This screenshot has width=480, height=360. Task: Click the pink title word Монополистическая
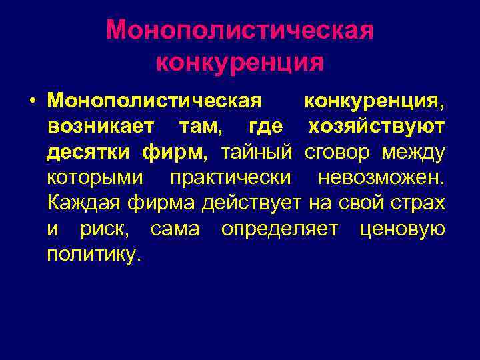[240, 30]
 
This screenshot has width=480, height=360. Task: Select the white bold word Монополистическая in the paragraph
[153, 101]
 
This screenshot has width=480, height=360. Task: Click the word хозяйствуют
[377, 126]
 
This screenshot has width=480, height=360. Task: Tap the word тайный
[257, 152]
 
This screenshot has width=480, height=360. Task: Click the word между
[413, 152]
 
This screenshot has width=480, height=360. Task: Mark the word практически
[230, 177]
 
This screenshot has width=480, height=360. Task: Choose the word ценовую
[402, 229]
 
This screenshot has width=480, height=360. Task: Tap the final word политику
[94, 254]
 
